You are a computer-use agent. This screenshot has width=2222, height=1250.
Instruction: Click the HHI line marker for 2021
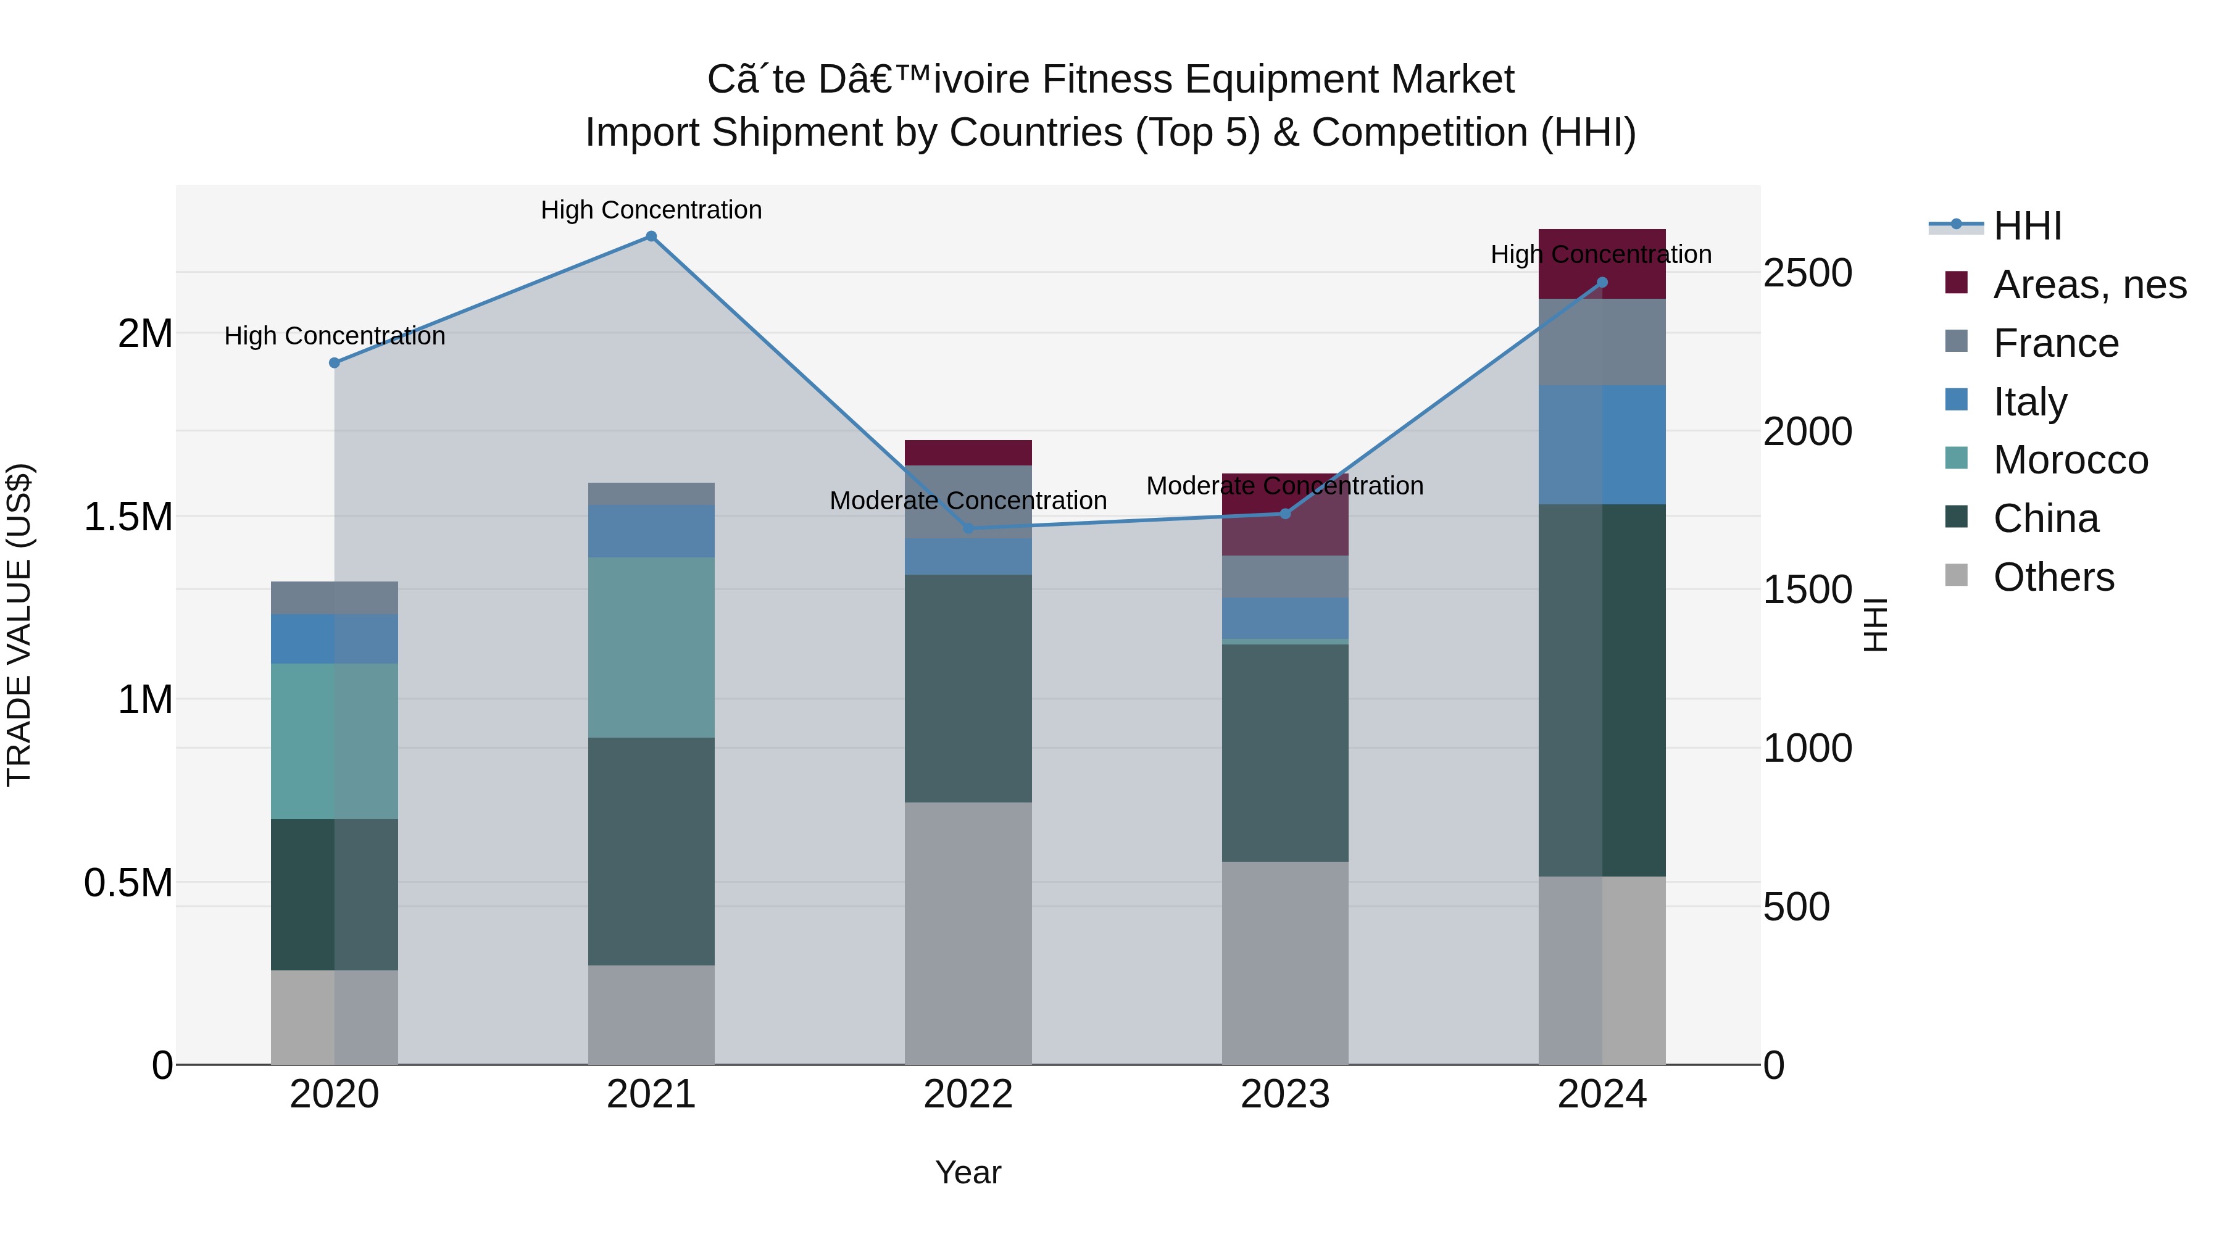click(651, 236)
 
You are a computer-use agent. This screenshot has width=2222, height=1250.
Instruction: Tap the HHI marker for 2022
click(968, 528)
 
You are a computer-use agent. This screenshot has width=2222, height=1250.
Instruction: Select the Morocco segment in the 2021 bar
click(651, 647)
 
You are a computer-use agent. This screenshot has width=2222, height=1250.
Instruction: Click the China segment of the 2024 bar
click(1602, 690)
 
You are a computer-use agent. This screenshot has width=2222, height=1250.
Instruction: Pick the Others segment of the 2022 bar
click(968, 933)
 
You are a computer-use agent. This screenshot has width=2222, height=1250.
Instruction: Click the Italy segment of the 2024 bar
click(1602, 444)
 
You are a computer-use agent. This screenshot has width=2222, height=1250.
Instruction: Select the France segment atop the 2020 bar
click(335, 598)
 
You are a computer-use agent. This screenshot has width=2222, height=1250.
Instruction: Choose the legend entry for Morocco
click(2070, 460)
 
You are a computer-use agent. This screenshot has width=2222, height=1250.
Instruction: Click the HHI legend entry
click(2027, 226)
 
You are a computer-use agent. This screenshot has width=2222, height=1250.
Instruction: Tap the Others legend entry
click(2053, 577)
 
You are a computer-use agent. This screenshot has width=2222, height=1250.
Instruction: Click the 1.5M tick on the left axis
click(128, 518)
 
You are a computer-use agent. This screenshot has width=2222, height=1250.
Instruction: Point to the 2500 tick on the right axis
click(1807, 273)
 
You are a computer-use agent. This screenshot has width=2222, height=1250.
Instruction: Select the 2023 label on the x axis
click(1284, 1094)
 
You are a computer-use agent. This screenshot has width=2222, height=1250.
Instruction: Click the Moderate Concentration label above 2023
click(1284, 486)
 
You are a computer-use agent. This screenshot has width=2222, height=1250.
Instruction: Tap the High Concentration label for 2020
click(335, 336)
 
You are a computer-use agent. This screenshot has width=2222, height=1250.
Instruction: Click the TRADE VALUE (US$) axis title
click(19, 625)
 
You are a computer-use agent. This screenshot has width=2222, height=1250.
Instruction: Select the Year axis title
click(968, 1172)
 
